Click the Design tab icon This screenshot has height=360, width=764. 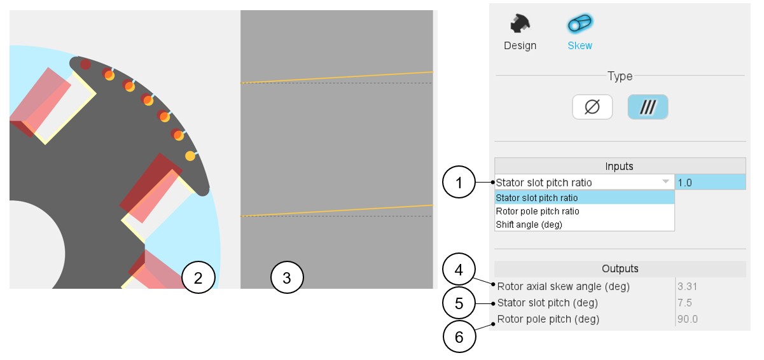(520, 24)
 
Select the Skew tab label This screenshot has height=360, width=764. (580, 46)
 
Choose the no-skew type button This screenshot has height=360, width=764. (592, 107)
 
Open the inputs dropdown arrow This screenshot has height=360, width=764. (665, 181)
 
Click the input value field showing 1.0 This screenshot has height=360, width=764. (711, 183)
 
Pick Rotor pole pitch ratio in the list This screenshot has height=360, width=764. (538, 211)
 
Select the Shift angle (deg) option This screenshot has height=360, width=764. (529, 225)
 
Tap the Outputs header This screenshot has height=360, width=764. (620, 268)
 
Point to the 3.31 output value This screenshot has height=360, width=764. (687, 286)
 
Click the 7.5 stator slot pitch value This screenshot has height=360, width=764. (684, 303)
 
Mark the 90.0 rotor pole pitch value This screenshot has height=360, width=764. (688, 319)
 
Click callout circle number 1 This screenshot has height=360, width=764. (459, 182)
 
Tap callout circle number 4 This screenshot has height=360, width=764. (459, 269)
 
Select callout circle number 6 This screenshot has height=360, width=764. (459, 336)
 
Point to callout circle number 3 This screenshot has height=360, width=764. (287, 277)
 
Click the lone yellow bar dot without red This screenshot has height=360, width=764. (190, 156)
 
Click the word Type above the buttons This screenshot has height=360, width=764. (620, 76)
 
